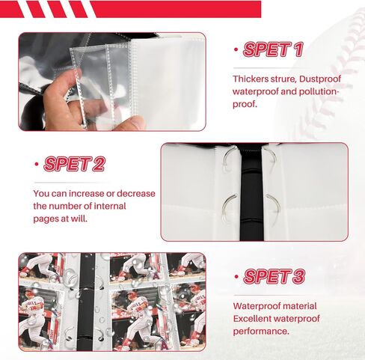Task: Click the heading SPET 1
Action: coord(274,50)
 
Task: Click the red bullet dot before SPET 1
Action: coord(236,51)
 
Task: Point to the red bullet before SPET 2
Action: coord(37,164)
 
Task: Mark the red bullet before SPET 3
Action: coord(236,276)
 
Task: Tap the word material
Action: coord(297,305)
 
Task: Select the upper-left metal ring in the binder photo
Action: coord(226,159)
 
